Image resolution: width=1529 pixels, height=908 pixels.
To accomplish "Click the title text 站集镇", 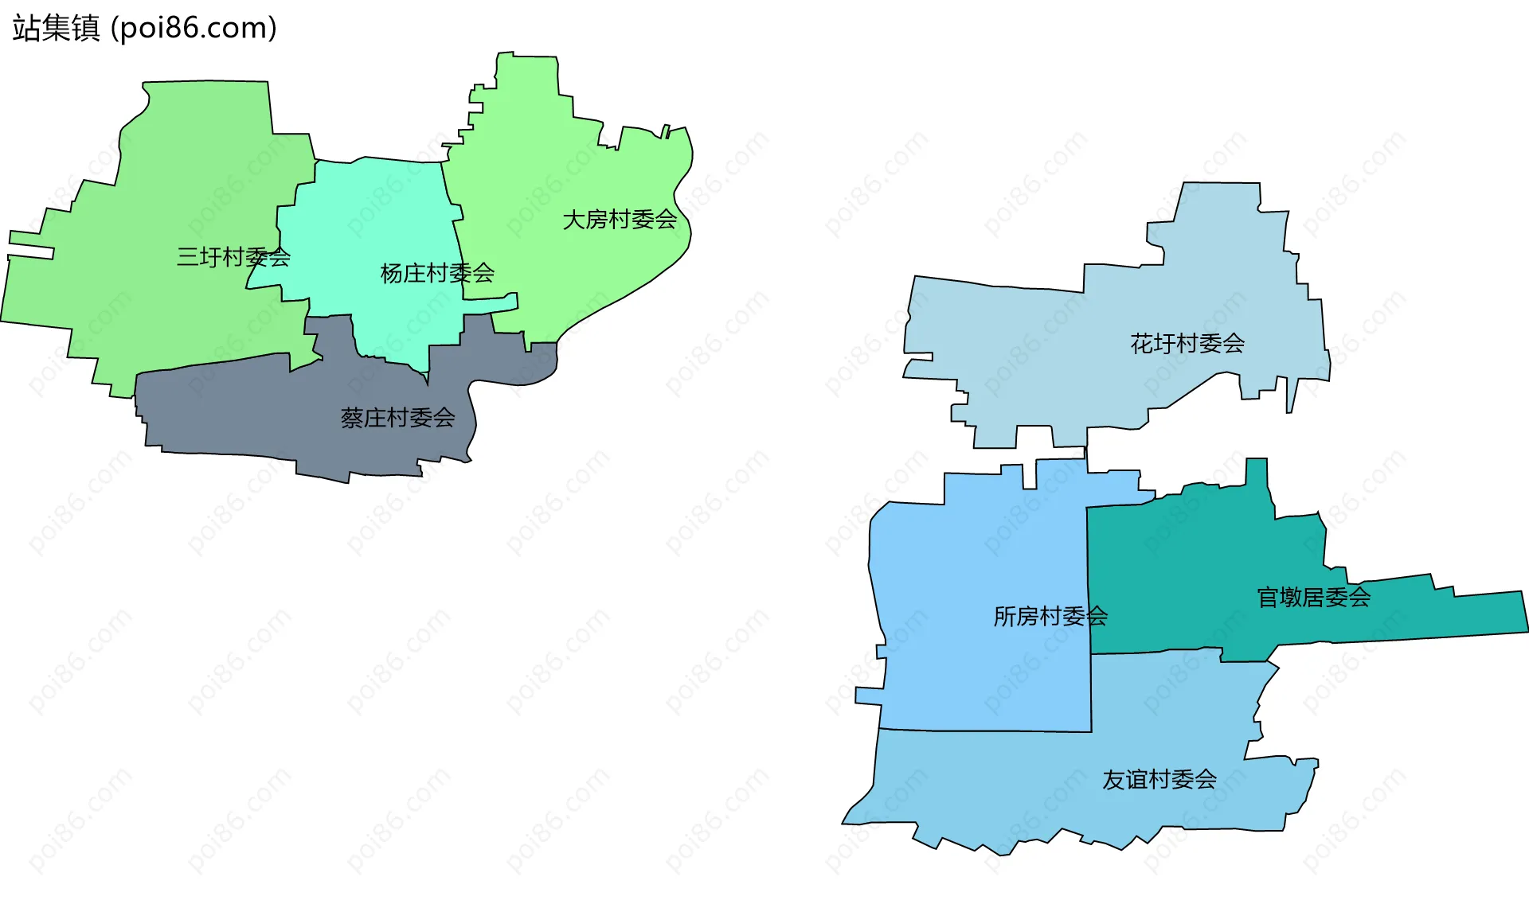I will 56,29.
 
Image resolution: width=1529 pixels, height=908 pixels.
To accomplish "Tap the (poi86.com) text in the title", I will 194,29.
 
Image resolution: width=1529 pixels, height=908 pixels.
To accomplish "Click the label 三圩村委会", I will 233,257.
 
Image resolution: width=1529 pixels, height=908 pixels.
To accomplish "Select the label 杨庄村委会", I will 437,274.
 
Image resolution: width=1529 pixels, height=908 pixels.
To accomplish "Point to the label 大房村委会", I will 620,220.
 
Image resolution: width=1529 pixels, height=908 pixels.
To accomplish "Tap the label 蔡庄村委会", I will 397,418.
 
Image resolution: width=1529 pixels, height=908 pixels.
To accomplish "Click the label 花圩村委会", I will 1187,344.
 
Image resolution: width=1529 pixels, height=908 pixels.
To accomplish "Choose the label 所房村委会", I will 1050,616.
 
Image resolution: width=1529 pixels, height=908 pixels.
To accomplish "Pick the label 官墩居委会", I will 1313,597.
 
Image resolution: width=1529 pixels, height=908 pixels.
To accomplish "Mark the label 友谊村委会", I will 1159,780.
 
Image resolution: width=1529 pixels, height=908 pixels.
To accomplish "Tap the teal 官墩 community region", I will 1195,573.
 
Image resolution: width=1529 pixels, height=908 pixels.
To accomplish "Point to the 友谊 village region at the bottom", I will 1035,788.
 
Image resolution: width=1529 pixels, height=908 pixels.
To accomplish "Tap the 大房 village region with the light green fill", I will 557,159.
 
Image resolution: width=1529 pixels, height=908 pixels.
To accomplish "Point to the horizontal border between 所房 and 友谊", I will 987,731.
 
